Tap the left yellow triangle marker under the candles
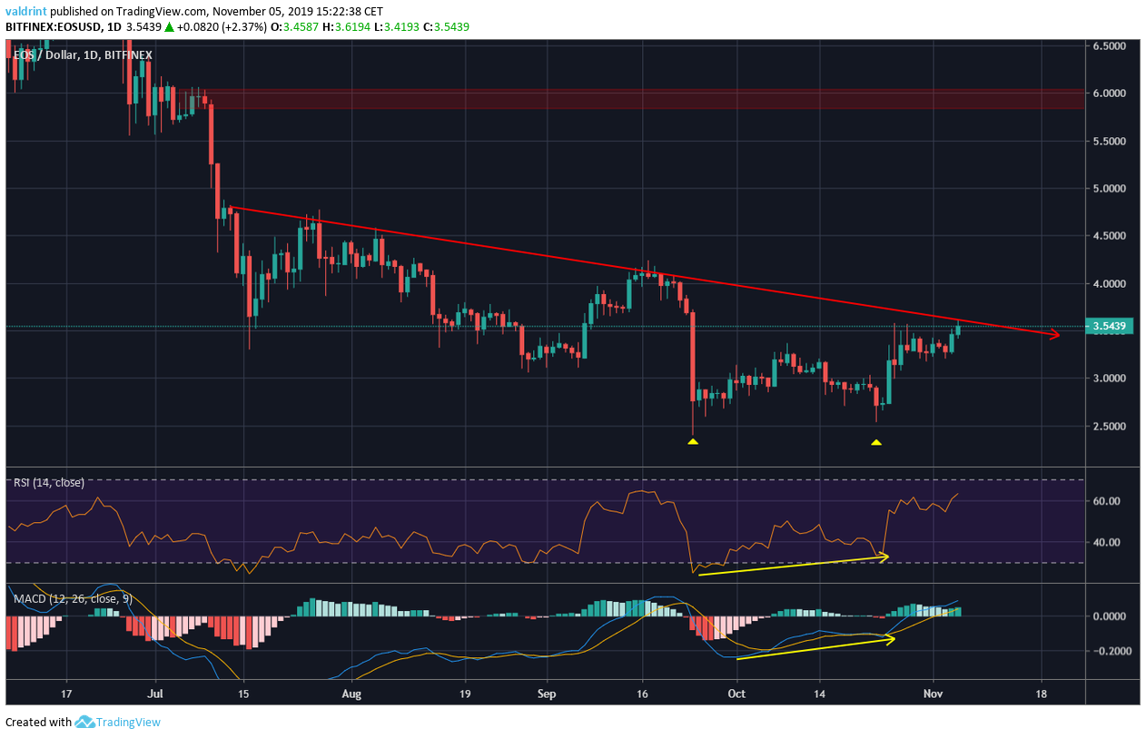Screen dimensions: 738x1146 693,442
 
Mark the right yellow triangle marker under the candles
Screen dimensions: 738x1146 876,443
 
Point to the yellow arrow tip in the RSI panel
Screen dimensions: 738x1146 887,556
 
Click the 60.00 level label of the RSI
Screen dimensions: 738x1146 1111,501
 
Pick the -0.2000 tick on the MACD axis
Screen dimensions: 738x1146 1111,651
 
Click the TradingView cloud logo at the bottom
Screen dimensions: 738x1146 85,723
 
